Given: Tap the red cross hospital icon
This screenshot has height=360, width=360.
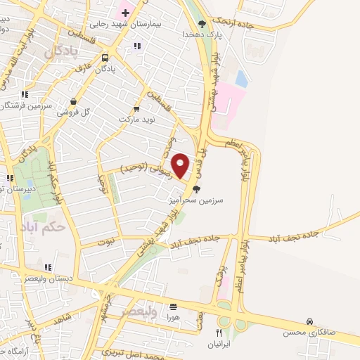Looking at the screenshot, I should [x=125, y=13].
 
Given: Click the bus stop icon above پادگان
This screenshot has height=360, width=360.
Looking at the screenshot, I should [x=105, y=58].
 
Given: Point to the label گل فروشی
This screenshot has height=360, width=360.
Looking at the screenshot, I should [x=77, y=112].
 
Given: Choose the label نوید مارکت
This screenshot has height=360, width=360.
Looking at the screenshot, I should [x=138, y=120].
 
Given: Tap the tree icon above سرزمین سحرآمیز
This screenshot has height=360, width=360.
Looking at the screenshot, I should [x=196, y=188].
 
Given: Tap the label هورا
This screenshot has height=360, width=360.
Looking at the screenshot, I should [x=173, y=317].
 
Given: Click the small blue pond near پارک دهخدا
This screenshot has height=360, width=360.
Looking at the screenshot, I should [x=241, y=79].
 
